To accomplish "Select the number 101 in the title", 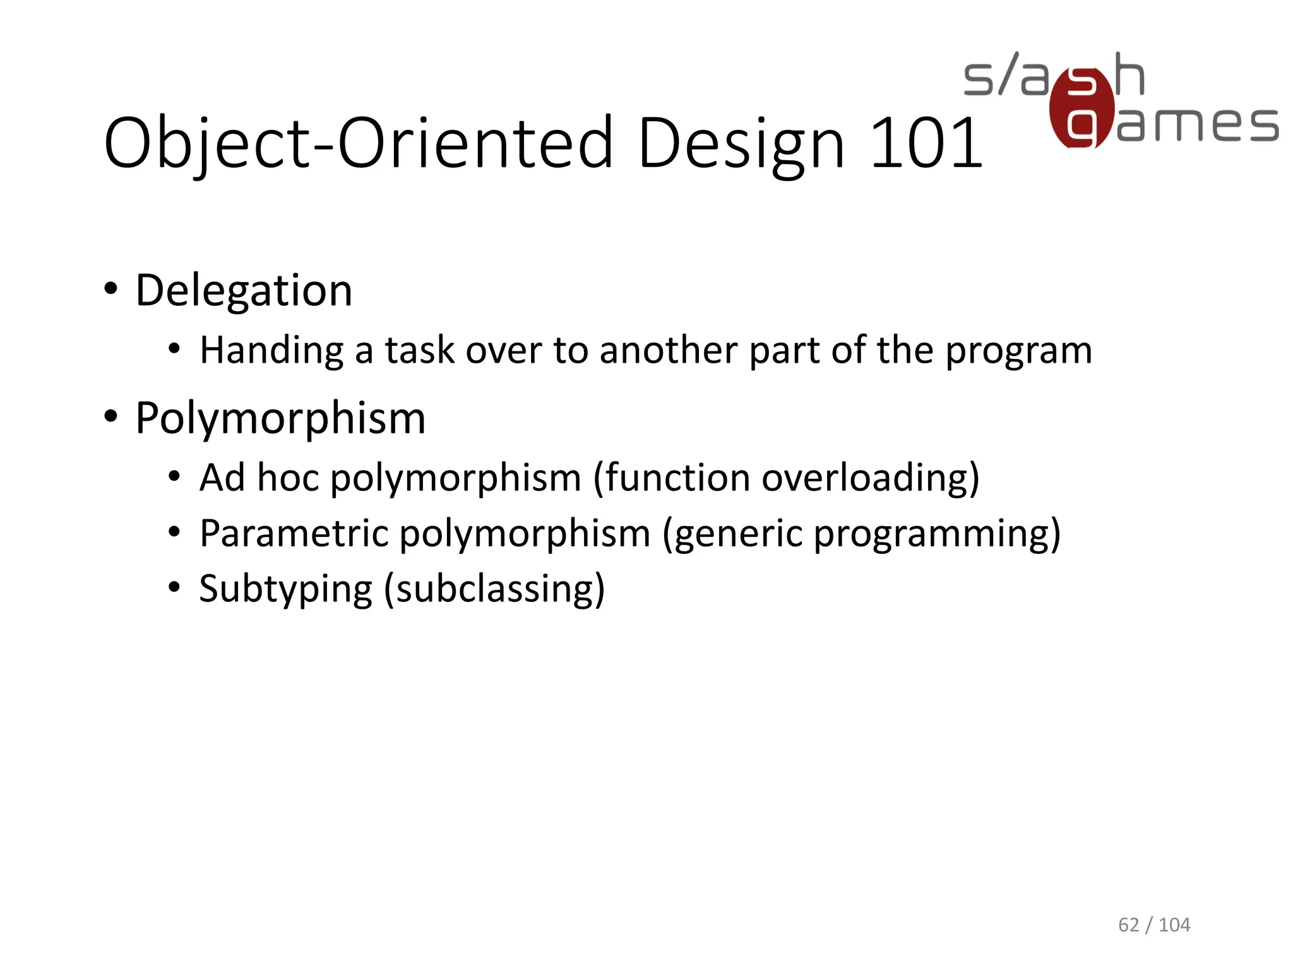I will pos(926,144).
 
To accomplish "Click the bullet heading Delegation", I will pos(244,291).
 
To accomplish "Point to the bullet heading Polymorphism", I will pos(280,418).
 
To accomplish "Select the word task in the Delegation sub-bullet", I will pos(419,350).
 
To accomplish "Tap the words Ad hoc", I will pos(259,478).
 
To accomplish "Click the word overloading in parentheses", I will pos(870,479).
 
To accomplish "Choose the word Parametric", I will pos(294,534).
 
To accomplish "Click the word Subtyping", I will pos(286,590).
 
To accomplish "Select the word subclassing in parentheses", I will pos(494,590).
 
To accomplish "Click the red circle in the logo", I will pos(1081,109).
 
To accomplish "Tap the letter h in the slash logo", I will pos(1129,74).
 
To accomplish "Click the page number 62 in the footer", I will pos(1128,925).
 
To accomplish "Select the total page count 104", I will pos(1174,925).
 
